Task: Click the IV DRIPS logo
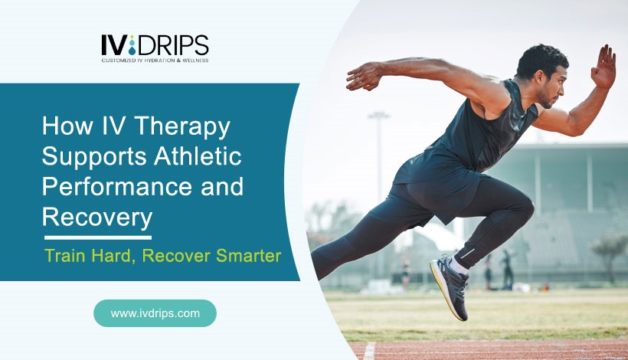click(154, 47)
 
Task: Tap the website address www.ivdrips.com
click(155, 313)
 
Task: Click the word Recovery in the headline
click(96, 218)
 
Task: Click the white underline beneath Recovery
click(96, 237)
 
